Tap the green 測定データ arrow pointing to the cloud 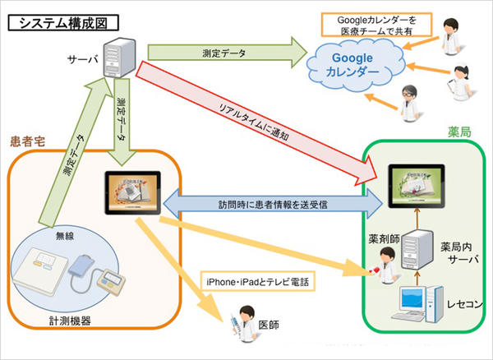pos(222,53)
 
